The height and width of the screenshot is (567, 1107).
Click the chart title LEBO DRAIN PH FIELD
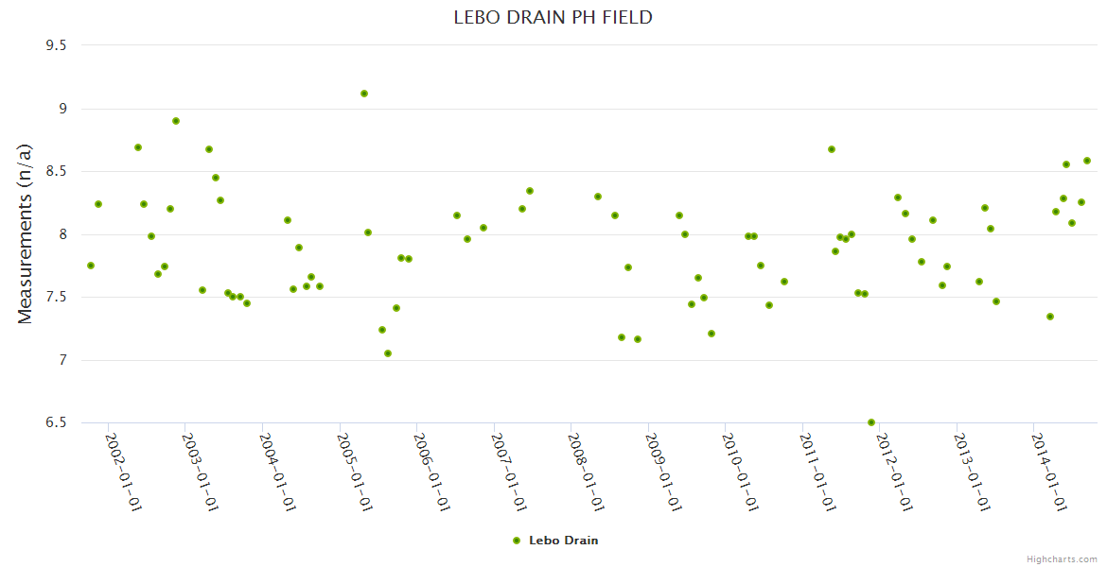[553, 17]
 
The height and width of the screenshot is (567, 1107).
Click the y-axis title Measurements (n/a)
[26, 232]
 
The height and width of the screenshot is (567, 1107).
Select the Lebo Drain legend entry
[563, 541]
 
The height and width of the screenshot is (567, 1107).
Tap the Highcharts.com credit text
[1062, 558]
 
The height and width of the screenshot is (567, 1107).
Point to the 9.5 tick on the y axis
[59, 45]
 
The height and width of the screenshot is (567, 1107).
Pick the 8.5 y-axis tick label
[59, 171]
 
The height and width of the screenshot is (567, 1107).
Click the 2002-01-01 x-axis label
[122, 472]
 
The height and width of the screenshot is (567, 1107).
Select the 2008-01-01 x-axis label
[585, 472]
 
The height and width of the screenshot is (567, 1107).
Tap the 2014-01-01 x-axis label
[1047, 472]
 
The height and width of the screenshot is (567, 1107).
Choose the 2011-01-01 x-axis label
[816, 472]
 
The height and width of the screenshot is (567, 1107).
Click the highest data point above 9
[364, 94]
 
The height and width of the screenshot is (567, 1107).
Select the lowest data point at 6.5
[871, 422]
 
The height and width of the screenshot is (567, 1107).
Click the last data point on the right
[1087, 161]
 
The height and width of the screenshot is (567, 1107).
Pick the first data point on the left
[91, 266]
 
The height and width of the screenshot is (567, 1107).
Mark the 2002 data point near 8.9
[176, 121]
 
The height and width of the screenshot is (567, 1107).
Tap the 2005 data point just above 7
[388, 353]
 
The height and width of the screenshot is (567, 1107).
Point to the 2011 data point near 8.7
[832, 149]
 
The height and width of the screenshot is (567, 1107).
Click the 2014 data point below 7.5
[1050, 317]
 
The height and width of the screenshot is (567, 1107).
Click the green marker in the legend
[517, 541]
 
